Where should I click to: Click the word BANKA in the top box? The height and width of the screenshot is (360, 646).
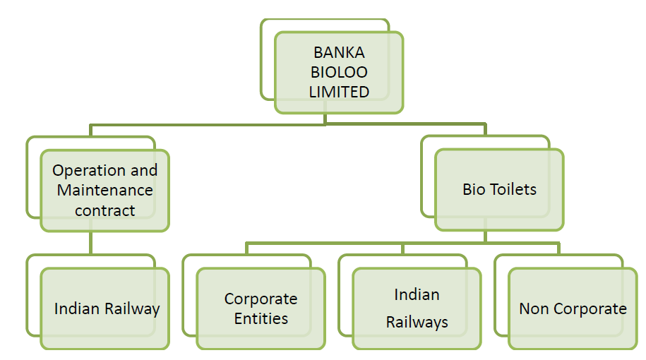339,53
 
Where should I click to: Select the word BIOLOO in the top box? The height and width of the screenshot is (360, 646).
339,72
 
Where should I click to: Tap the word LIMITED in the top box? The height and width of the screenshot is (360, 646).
339,92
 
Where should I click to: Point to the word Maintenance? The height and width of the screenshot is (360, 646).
104,190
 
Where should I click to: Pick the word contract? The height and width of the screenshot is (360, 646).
104,210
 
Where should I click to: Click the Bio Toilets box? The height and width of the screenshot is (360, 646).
499,189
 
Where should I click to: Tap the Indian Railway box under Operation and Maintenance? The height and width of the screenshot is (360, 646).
104,308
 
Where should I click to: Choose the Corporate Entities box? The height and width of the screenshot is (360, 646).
261,308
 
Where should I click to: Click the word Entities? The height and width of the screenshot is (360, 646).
261,318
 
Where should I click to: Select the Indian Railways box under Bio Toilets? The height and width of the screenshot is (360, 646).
417,308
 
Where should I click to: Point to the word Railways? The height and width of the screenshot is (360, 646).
417,323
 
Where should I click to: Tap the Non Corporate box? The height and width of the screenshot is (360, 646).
573,308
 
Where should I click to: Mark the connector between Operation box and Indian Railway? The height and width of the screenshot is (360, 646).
91,244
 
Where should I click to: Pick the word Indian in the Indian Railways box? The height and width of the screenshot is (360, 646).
417,294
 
